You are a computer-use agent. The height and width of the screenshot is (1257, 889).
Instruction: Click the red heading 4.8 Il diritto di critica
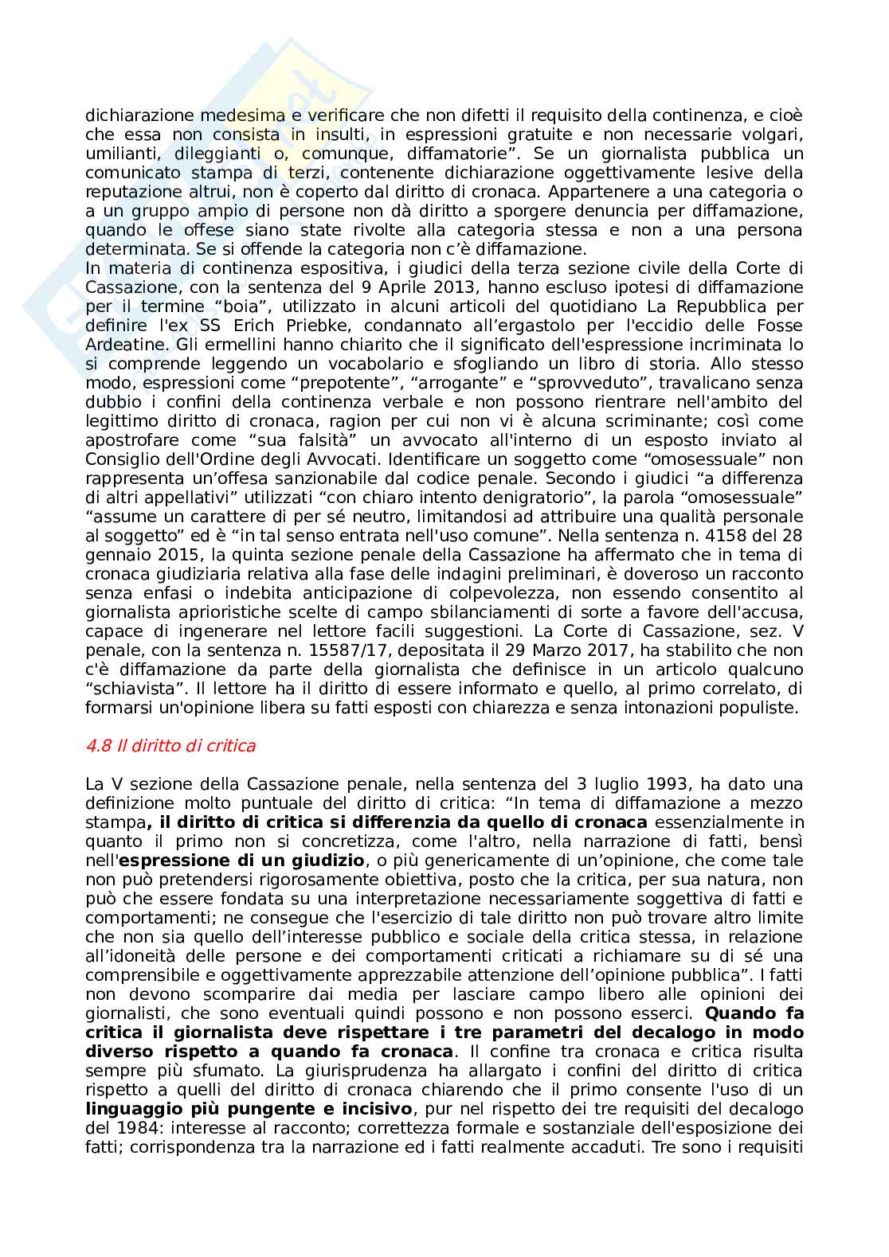pyautogui.click(x=170, y=746)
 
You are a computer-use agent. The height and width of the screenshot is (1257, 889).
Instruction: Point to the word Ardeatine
pyautogui.click(x=119, y=345)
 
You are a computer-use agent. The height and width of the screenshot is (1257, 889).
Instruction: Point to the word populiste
pyautogui.click(x=756, y=708)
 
